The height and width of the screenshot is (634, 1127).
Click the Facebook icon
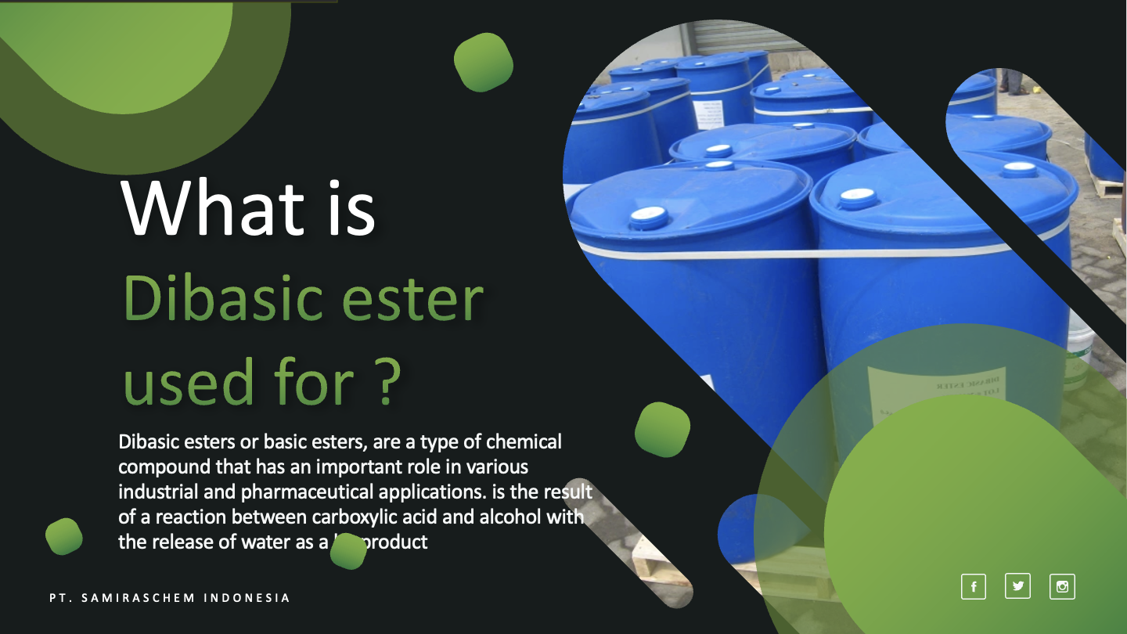973,586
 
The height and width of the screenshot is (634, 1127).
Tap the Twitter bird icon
1017,585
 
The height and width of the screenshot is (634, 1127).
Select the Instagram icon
1062,586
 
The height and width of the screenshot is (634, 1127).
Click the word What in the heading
212,208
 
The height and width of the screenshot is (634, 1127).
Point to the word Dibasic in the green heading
224,300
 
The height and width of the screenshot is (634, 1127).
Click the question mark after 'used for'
383,382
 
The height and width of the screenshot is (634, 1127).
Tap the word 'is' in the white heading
350,208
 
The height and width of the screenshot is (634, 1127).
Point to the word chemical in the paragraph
524,442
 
